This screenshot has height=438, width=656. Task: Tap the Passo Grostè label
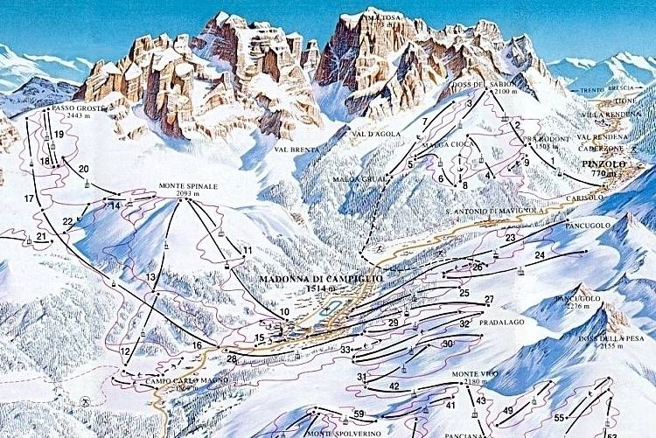(x=73, y=108)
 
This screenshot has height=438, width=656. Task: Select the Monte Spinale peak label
(x=187, y=187)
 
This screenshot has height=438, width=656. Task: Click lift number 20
(x=83, y=169)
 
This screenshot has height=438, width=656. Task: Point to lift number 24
(x=540, y=255)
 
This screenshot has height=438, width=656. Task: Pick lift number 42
(x=394, y=386)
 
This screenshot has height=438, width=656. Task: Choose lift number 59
(x=359, y=414)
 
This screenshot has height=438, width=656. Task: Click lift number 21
(x=41, y=237)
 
